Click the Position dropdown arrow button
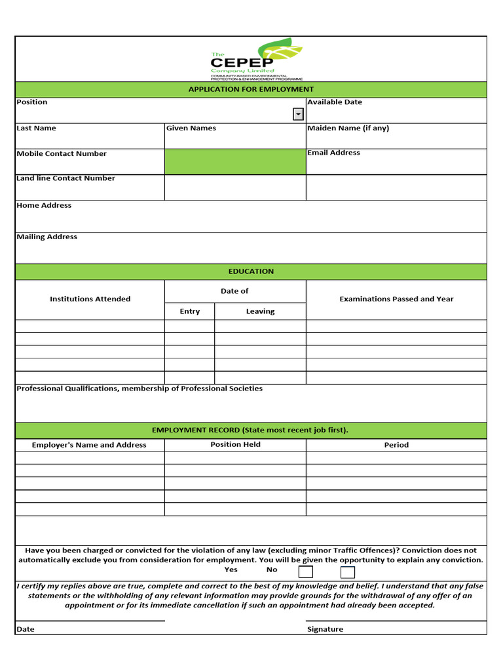(298, 115)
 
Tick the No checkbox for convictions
(348, 572)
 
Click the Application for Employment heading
(251, 89)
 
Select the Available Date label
(334, 102)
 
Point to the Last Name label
(36, 128)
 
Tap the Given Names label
(191, 128)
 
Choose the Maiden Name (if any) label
(348, 128)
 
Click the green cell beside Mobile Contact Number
(234, 161)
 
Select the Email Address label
(333, 153)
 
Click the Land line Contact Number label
(65, 178)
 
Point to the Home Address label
(44, 206)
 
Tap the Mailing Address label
(47, 237)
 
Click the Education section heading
(251, 271)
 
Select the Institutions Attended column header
(90, 299)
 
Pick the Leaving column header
(260, 311)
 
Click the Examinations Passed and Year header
(396, 299)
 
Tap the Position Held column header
(235, 444)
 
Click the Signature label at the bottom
(325, 629)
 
